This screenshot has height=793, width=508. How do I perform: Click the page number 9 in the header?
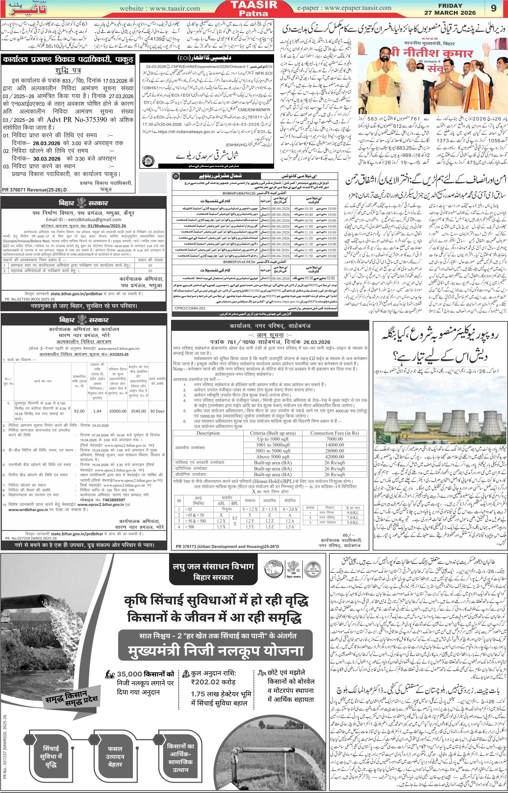point(493,9)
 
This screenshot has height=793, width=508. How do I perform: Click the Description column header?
point(208,433)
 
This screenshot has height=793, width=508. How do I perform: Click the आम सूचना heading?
point(270,334)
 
